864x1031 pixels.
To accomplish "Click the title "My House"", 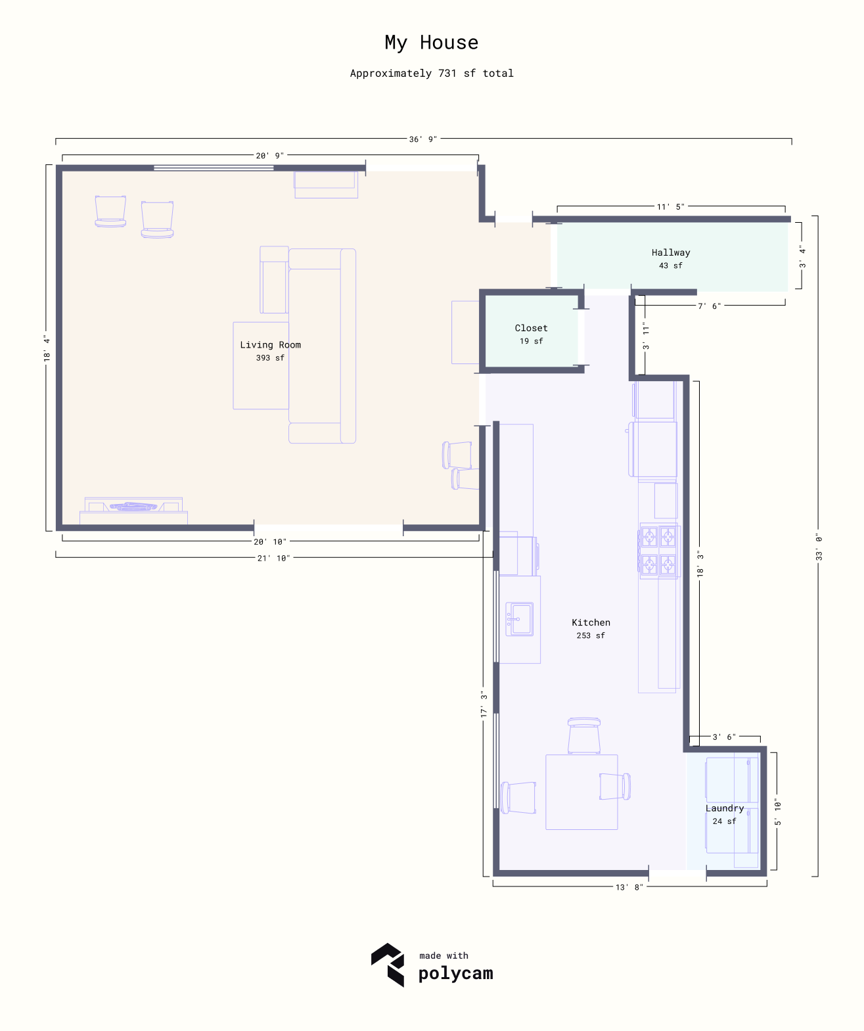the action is (432, 43).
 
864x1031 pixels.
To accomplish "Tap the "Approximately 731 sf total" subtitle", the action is (432, 73).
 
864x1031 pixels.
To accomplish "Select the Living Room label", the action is (270, 345).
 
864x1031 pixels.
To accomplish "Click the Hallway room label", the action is (670, 252).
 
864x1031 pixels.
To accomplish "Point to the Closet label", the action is (532, 328).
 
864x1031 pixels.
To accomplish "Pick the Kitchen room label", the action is (591, 622).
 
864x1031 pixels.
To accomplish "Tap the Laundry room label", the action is (724, 808).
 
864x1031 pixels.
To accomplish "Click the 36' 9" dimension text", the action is (423, 139).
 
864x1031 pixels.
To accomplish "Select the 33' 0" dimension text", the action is (819, 547).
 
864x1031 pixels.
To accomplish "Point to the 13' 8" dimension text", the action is (629, 887).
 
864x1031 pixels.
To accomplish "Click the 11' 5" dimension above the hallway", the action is (670, 207).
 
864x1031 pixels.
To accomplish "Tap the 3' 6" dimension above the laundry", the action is (724, 737).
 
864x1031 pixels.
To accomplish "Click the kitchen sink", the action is (520, 619).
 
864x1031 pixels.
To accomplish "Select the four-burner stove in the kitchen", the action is (658, 551).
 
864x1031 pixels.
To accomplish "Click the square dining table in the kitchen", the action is (581, 792).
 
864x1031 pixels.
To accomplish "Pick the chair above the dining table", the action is (583, 735).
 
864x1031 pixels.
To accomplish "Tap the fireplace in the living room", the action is (133, 511).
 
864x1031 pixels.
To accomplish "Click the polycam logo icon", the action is (388, 965).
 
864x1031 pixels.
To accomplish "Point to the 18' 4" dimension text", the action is (47, 348).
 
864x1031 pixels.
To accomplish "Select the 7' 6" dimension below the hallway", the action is (709, 306).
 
